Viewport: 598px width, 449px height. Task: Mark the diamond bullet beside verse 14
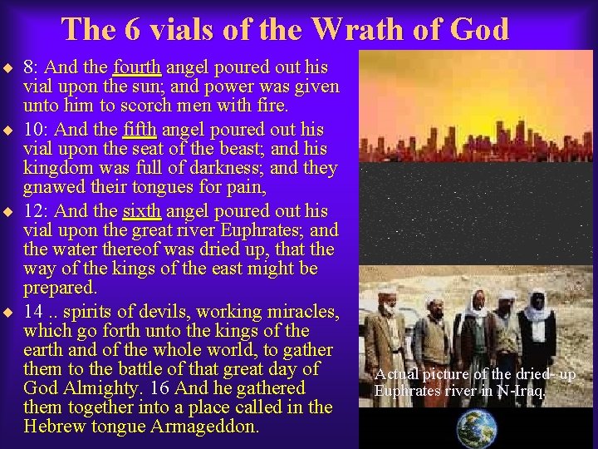click(8, 313)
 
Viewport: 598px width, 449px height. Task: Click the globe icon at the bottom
click(477, 427)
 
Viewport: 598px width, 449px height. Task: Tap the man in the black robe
click(541, 329)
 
